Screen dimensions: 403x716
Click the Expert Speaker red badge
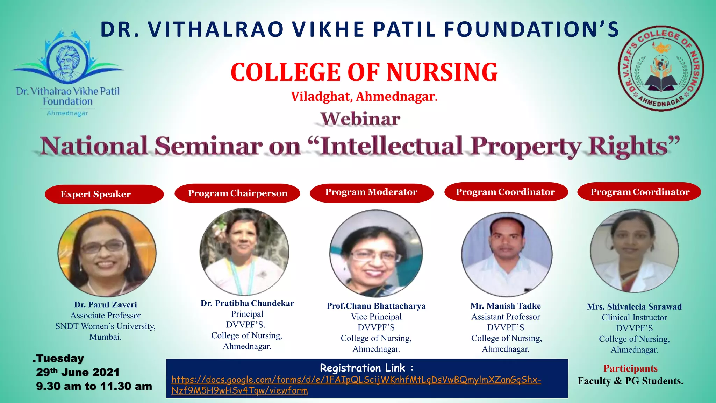click(104, 194)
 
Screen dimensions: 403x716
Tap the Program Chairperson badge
click(237, 193)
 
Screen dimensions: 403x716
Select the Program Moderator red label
click(371, 192)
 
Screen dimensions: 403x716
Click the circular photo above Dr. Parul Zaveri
click(107, 253)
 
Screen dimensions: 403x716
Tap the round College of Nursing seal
click(661, 69)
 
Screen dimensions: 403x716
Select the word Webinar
click(360, 119)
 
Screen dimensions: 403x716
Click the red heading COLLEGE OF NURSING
click(364, 72)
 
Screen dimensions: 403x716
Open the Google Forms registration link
click(356, 385)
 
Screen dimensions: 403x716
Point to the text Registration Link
click(366, 368)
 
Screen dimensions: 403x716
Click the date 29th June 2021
click(78, 372)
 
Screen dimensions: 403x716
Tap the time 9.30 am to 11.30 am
click(94, 386)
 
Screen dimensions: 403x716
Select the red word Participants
click(630, 368)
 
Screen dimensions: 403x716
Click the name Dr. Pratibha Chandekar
click(247, 303)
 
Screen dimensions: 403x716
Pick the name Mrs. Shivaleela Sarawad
click(634, 307)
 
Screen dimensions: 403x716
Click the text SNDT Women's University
click(105, 326)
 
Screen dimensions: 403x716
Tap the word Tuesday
click(60, 359)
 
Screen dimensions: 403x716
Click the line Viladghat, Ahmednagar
click(364, 97)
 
